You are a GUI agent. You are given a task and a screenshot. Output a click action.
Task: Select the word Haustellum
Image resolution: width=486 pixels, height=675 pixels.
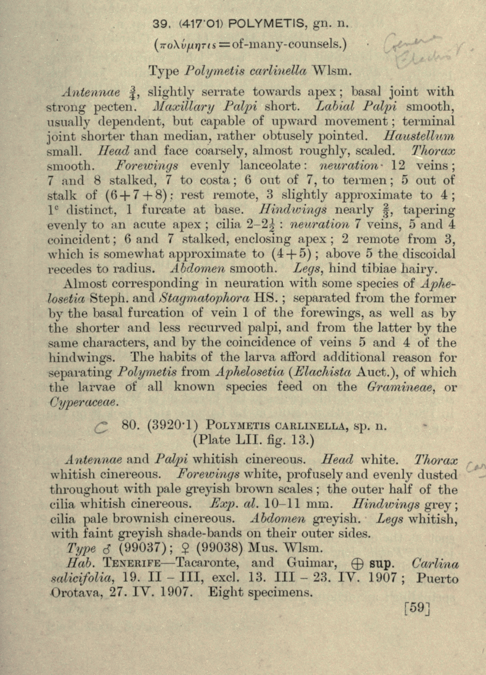point(425,136)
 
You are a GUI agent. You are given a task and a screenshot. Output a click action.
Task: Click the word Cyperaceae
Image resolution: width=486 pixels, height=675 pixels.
point(85,402)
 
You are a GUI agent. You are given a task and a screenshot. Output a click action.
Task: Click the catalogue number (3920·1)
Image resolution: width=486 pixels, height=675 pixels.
point(167,426)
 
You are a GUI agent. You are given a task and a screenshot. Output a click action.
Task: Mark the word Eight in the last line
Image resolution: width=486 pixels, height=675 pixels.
point(224,592)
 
